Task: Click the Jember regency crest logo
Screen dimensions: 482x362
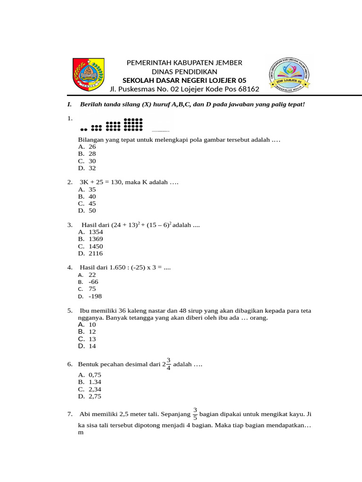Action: (89, 74)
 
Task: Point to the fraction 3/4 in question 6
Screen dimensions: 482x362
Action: (168, 364)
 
